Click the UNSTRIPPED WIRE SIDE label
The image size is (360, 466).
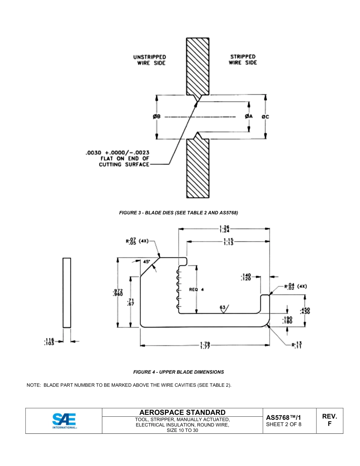click(149, 60)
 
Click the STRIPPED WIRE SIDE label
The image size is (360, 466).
click(243, 59)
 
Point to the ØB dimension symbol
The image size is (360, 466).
click(157, 117)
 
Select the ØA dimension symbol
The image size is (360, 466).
click(249, 117)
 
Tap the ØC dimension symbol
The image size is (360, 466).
click(265, 117)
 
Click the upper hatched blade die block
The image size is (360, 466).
click(197, 66)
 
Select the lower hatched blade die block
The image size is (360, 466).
click(197, 168)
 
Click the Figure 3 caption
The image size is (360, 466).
click(178, 213)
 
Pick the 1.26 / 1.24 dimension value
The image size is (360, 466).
click(224, 229)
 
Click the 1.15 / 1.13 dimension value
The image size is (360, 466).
click(228, 241)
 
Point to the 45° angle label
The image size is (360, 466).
click(147, 261)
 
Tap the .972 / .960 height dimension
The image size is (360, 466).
click(117, 292)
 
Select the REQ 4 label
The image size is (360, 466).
click(196, 289)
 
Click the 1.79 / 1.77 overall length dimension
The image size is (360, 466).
click(205, 346)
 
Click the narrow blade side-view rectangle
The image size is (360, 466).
click(67, 292)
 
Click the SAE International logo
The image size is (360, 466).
click(64, 421)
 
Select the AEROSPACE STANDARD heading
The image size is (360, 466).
click(182, 412)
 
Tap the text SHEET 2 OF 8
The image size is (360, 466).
click(284, 424)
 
